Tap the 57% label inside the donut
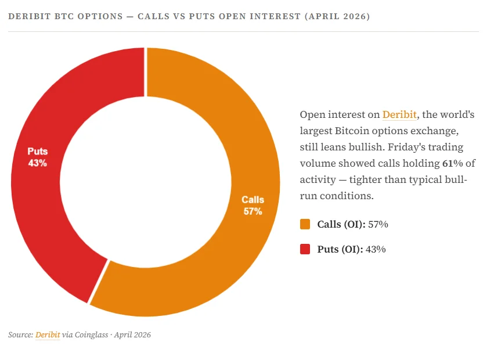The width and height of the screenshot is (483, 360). tap(253, 211)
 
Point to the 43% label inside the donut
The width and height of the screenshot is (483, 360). tap(37, 163)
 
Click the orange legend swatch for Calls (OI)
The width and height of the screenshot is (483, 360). tap(305, 224)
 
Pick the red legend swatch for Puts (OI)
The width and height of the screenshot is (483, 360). tap(305, 250)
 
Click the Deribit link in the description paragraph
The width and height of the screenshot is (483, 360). tap(399, 114)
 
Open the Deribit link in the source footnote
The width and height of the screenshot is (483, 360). tap(48, 335)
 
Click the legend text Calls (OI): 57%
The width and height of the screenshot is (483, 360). tap(352, 224)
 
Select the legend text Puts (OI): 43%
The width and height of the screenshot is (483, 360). tap(351, 250)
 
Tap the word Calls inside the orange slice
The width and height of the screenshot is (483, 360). tap(253, 200)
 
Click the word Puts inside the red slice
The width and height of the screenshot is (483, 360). tap(37, 152)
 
